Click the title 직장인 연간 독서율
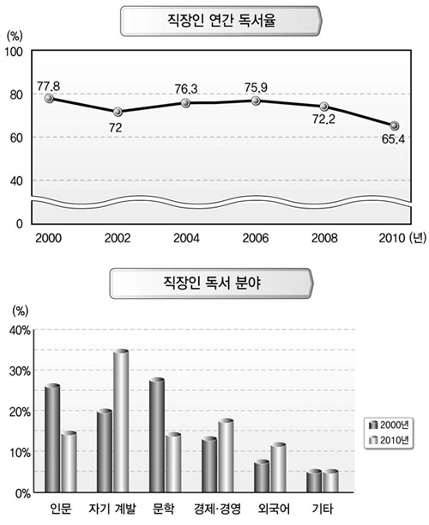tap(221, 21)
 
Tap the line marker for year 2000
tap(49, 98)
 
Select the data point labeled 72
tap(118, 112)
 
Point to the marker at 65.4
tap(395, 125)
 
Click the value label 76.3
tap(186, 89)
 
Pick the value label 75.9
tap(256, 88)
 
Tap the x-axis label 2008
tap(324, 238)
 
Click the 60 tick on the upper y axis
tap(16, 137)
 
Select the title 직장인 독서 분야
tap(212, 284)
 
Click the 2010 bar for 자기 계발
tap(121, 420)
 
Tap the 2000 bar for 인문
tap(52, 438)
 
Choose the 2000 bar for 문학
tap(157, 435)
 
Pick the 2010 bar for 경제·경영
tap(226, 455)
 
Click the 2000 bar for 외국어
tap(262, 476)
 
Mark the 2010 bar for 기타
tap(330, 481)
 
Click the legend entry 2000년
tap(389, 424)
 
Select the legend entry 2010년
tap(389, 440)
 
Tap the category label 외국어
tap(274, 509)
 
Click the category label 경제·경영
tap(217, 509)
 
